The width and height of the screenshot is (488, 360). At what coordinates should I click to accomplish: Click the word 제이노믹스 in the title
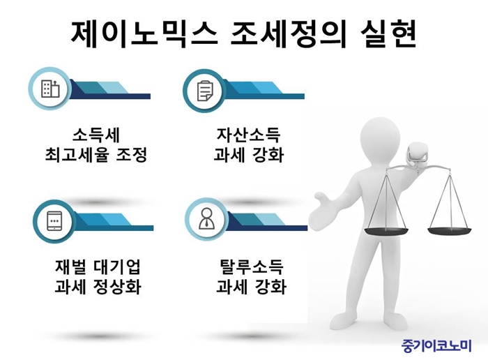tap(144, 34)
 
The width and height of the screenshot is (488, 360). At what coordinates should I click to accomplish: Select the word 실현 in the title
tap(389, 34)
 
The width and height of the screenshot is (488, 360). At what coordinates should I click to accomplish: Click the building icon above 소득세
tap(50, 89)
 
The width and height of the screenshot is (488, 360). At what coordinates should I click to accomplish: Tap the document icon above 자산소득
tap(206, 91)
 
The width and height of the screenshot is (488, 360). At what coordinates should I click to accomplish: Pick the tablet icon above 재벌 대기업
tap(54, 221)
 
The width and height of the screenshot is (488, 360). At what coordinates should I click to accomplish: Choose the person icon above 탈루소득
tap(206, 218)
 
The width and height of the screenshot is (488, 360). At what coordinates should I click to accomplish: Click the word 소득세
tap(96, 135)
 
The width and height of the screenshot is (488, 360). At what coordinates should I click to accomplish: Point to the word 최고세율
tap(77, 155)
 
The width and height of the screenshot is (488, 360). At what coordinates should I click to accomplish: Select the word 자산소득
tap(249, 135)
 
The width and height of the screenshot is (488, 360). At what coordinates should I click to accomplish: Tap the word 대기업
tap(117, 267)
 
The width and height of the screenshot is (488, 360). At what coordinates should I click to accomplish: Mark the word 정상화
tap(117, 287)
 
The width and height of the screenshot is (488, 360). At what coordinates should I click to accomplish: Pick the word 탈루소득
tap(251, 267)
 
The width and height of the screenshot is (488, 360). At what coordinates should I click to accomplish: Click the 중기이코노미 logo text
tap(436, 345)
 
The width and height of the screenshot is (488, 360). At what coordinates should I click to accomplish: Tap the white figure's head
tap(379, 137)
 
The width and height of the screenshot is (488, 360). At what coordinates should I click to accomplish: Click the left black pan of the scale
tap(386, 231)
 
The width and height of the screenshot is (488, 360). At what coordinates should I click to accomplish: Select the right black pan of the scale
tap(450, 231)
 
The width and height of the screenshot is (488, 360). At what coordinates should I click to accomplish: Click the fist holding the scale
tap(419, 155)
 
